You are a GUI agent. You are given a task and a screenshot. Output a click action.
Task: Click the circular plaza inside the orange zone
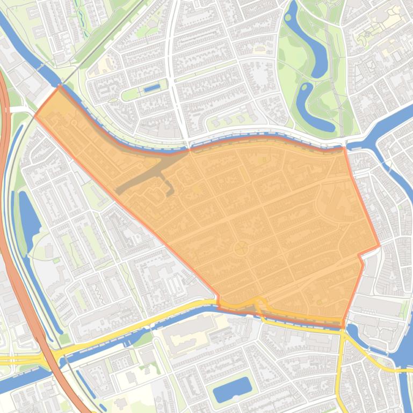(241, 248)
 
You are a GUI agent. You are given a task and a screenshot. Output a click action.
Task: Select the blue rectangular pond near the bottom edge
(232, 389)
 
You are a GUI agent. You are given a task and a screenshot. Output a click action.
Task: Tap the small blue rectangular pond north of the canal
(152, 87)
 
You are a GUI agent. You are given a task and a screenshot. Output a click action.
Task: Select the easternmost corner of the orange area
(379, 246)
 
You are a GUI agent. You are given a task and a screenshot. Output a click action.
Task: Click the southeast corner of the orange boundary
(343, 327)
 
